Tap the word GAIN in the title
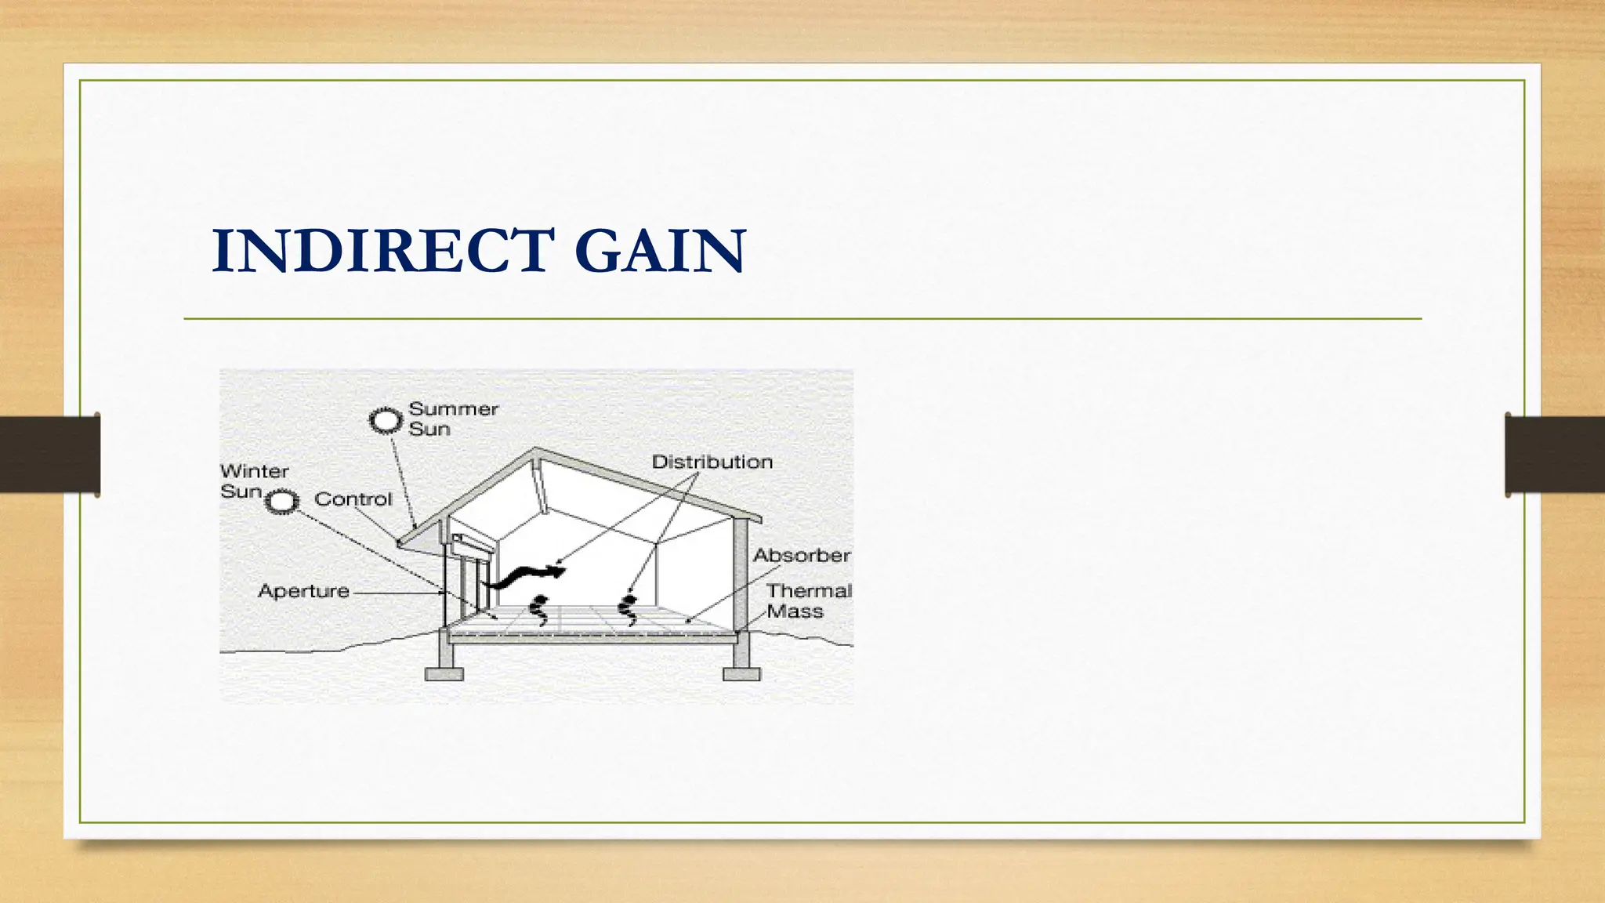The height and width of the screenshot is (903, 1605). [660, 251]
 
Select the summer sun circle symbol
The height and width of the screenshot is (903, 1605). [385, 421]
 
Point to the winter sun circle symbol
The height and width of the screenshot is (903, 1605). [281, 501]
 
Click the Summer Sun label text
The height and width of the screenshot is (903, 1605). [453, 419]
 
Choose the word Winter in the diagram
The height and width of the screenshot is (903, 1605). [255, 471]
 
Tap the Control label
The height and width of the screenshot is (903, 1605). [353, 499]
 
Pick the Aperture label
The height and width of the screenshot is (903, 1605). [303, 591]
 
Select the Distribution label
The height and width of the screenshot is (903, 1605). [712, 462]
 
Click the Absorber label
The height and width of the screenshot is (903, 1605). [801, 556]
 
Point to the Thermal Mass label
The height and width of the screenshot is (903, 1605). [807, 601]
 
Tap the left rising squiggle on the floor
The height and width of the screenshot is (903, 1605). [538, 611]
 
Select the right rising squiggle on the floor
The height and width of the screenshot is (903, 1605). [628, 610]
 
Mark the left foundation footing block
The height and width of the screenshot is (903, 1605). [444, 673]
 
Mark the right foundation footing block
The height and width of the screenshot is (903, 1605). [741, 673]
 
